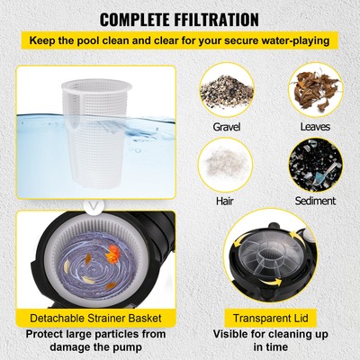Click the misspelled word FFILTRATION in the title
click(220, 18)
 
